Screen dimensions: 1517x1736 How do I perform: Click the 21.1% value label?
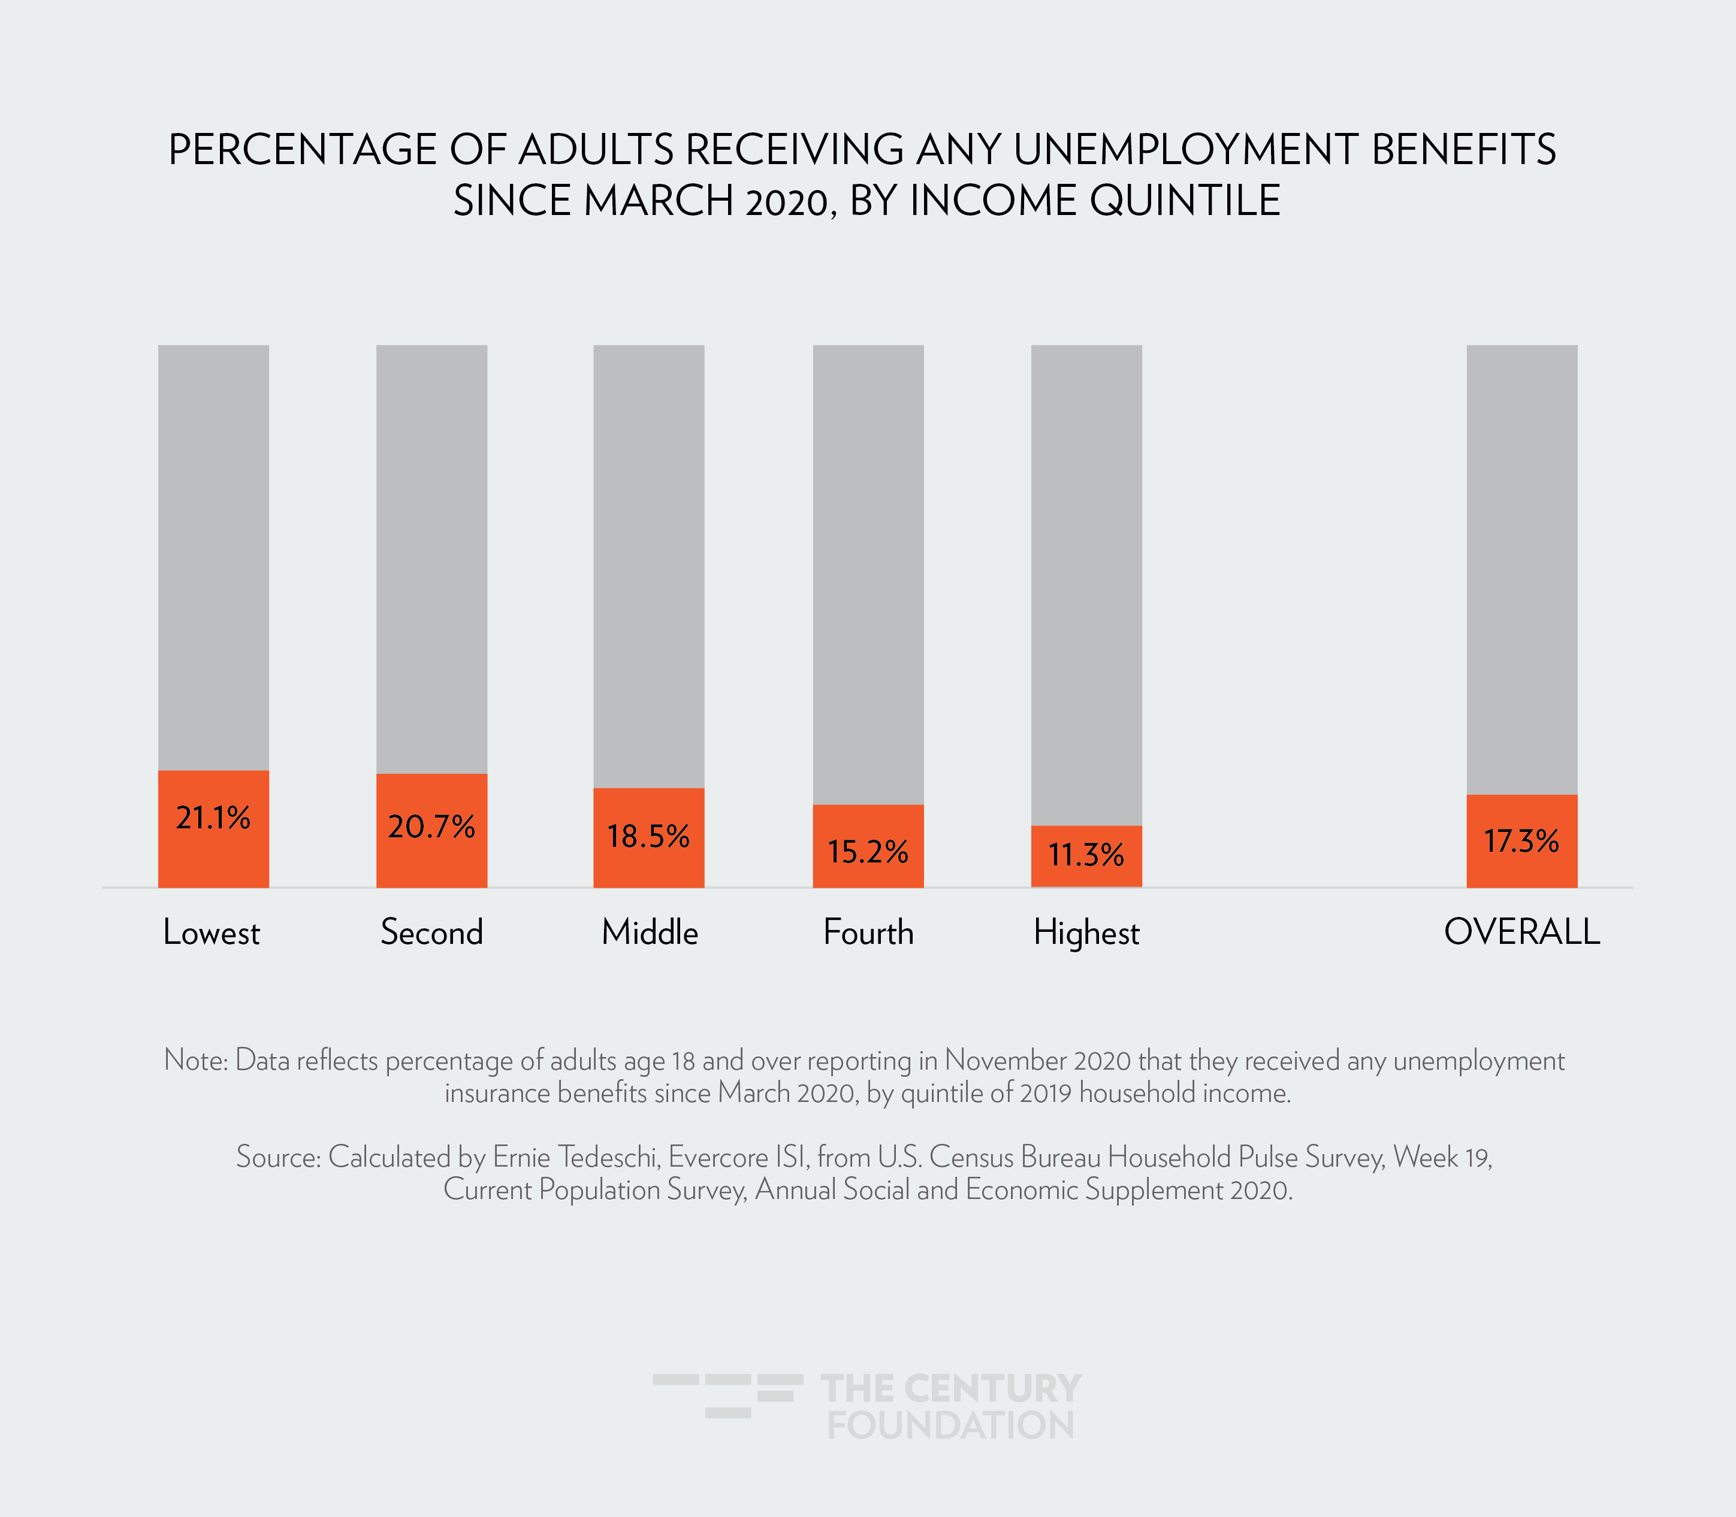pos(213,817)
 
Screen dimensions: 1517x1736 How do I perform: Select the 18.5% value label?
pos(648,837)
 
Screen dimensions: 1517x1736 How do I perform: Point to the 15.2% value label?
pos(867,851)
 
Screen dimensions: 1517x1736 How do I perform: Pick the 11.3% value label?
pos(1086,855)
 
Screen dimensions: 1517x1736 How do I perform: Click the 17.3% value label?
pos(1521,841)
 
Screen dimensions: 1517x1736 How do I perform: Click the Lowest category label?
pos(212,933)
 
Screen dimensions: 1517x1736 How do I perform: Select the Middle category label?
pos(650,933)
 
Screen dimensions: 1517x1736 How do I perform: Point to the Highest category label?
pos(1086,934)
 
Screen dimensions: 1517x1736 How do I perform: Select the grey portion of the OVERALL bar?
pos(1521,567)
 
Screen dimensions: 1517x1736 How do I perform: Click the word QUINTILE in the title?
pos(1185,201)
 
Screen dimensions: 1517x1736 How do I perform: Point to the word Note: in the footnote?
pos(195,1060)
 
